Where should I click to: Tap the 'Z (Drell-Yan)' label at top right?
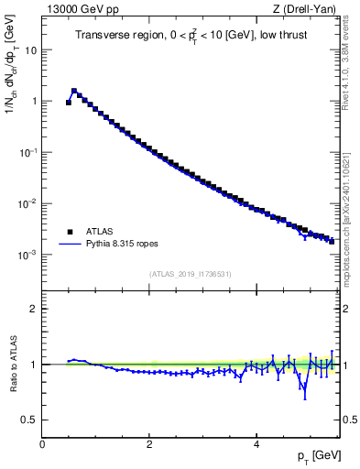pyautogui.click(x=309, y=10)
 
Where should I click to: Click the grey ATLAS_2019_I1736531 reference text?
pyautogui.click(x=191, y=274)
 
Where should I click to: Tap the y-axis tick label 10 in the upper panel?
pyautogui.click(x=31, y=50)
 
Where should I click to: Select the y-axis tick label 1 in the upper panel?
pyautogui.click(x=34, y=102)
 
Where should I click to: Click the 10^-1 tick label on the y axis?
pyautogui.click(x=29, y=152)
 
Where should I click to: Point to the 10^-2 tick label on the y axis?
pyautogui.click(x=29, y=203)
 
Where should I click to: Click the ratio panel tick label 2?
pyautogui.click(x=34, y=309)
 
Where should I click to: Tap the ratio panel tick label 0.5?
pyautogui.click(x=30, y=420)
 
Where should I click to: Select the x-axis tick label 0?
pyautogui.click(x=42, y=444)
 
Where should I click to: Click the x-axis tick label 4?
pyautogui.click(x=256, y=444)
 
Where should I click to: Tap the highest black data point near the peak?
pyautogui.click(x=74, y=92)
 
